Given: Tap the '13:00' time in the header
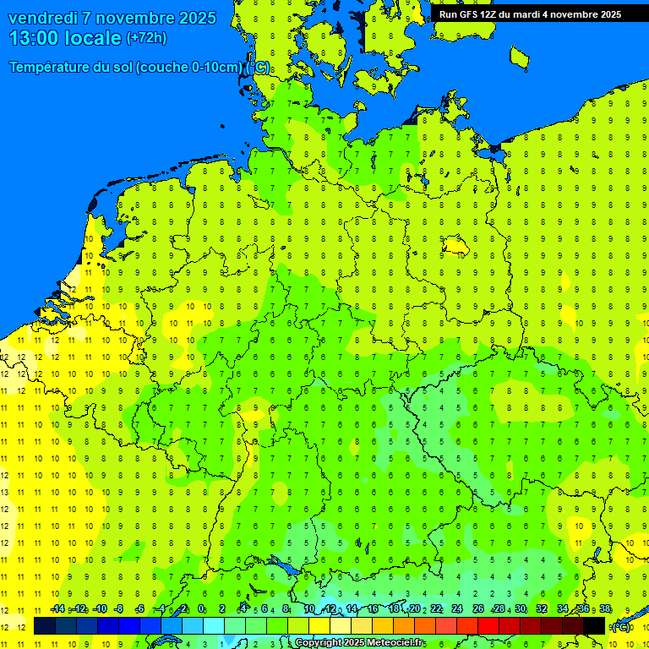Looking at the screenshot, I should [x=34, y=38].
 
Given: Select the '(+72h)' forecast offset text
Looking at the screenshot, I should [x=146, y=38].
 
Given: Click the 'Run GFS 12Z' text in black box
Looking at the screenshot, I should [x=469, y=14].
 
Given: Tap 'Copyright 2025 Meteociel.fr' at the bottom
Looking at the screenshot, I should [x=359, y=643].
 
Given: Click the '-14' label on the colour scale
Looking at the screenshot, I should [x=57, y=609].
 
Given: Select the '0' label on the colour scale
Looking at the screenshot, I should [x=201, y=609].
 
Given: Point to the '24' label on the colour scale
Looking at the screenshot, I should [x=456, y=609].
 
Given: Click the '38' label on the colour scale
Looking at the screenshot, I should [x=605, y=609].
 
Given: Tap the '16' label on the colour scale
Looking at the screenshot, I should [x=372, y=609].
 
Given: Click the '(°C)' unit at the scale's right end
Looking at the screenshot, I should [x=621, y=626].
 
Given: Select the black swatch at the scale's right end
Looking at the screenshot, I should [x=594, y=626].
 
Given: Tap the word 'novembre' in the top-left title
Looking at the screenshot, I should [x=135, y=18].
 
